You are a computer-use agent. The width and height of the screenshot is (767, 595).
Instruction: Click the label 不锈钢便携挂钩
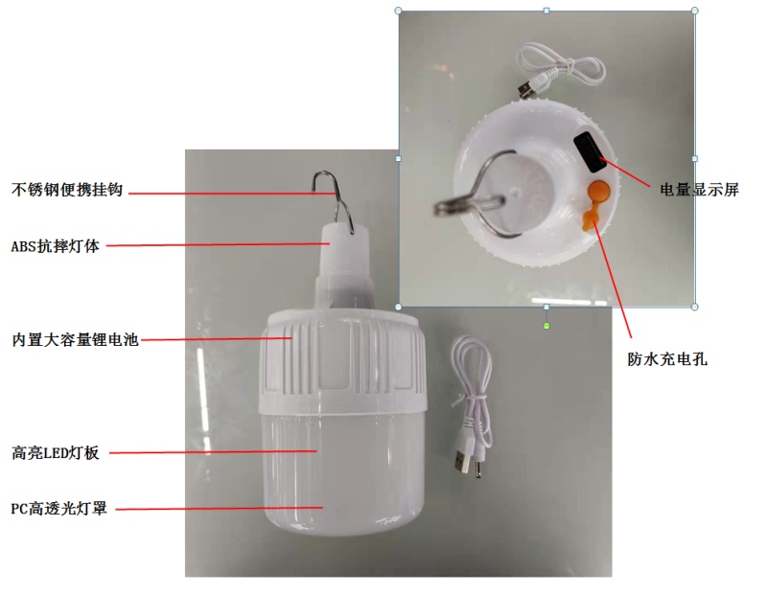(66, 190)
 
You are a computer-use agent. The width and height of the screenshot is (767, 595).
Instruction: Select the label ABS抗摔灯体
(55, 246)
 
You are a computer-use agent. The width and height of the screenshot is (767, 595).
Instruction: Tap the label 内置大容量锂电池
(76, 340)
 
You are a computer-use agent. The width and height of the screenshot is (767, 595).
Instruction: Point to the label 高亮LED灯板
(56, 453)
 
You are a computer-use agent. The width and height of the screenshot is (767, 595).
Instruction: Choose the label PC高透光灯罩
(58, 509)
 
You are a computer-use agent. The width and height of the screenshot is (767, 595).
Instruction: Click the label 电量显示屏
(699, 190)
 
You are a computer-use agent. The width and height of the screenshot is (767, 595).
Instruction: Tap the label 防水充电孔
(667, 359)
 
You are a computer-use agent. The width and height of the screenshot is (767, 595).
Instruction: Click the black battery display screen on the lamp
(591, 152)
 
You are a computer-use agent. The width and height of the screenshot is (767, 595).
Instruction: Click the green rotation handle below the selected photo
(546, 326)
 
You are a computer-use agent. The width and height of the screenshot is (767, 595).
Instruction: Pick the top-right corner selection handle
(694, 11)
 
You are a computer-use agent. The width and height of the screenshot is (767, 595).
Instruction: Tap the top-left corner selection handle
(398, 11)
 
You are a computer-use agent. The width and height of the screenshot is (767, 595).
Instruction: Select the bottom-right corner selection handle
(694, 307)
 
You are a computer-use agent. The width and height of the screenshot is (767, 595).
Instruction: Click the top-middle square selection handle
(546, 11)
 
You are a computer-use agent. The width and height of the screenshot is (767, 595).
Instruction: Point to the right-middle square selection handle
(694, 158)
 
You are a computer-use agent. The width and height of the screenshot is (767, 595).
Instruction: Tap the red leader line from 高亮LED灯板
(213, 452)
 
